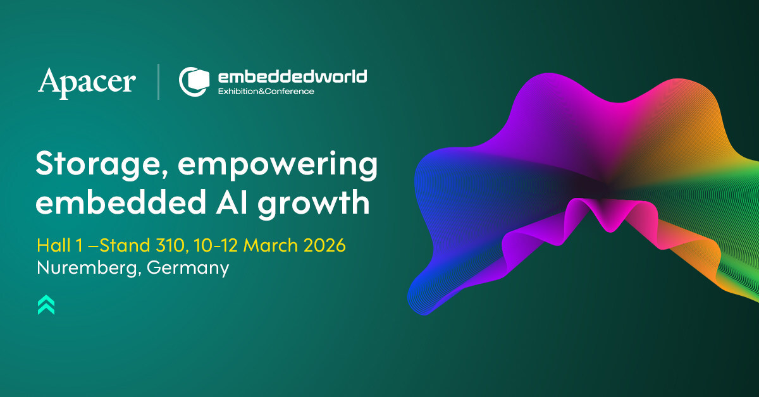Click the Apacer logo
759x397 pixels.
tap(87, 83)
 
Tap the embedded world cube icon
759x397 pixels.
tap(194, 82)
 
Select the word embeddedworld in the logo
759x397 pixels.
tap(292, 77)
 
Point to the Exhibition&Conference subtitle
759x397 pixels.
tap(266, 91)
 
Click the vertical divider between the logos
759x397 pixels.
tap(158, 82)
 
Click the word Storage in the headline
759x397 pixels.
tap(97, 164)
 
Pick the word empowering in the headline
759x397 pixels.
tap(278, 164)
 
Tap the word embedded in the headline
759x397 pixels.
tap(121, 201)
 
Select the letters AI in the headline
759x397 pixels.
tap(231, 202)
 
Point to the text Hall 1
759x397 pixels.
tap(59, 245)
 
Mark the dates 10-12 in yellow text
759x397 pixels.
tap(216, 245)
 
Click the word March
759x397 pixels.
tap(271, 245)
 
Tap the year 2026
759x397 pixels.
tap(324, 245)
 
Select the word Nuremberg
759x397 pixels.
tap(87, 268)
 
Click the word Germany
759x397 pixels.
tap(188, 268)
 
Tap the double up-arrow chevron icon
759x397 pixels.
tap(46, 305)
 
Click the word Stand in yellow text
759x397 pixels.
tap(125, 245)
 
